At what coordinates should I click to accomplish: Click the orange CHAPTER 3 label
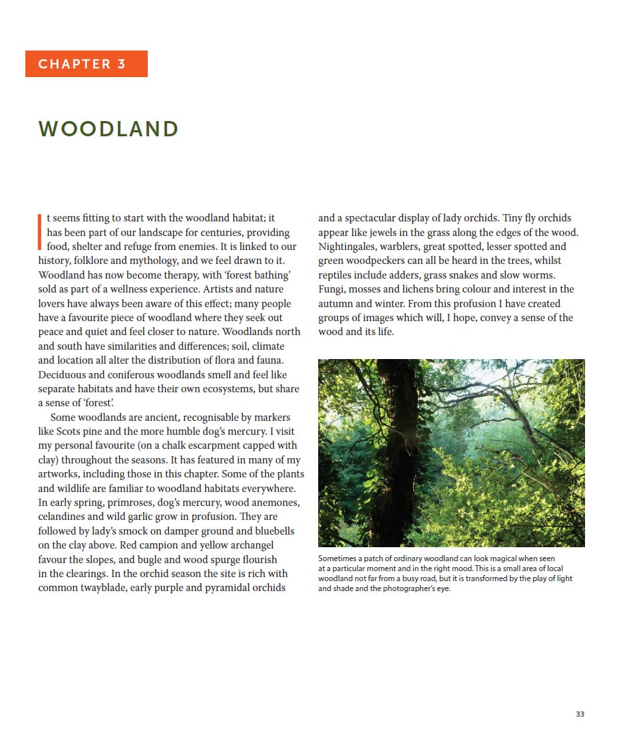point(86,64)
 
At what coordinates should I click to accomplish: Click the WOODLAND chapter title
point(108,128)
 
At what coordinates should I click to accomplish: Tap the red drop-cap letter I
point(41,231)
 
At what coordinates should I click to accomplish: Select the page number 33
point(580,714)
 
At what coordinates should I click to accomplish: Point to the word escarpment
point(206,445)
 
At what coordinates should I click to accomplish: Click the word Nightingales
point(347,247)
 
